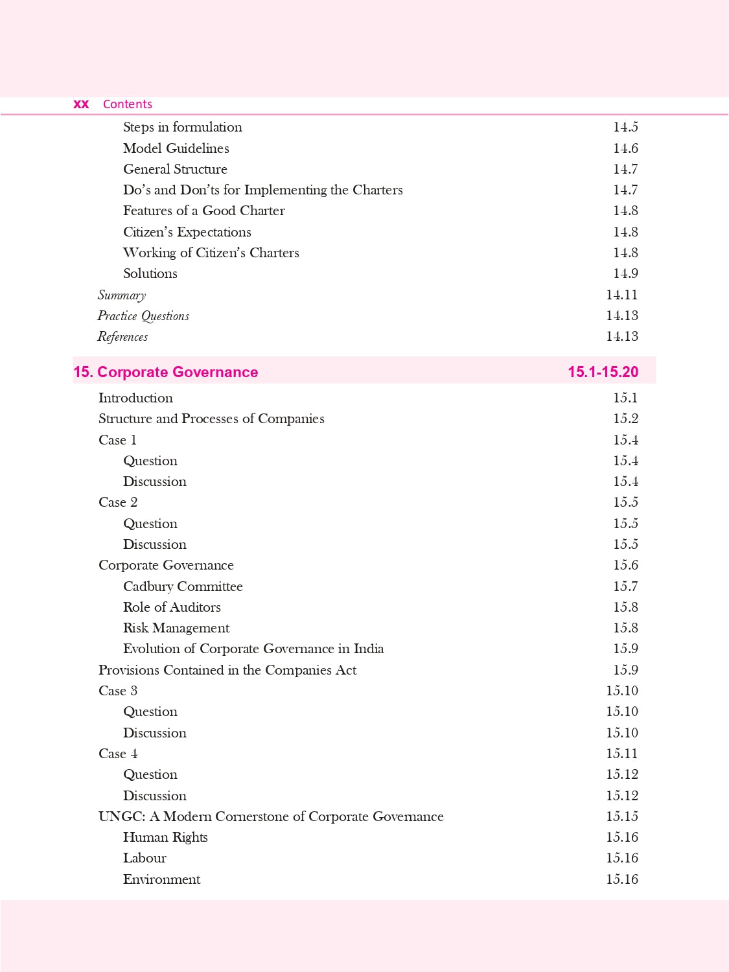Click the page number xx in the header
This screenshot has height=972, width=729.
81,104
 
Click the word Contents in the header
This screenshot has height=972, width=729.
127,104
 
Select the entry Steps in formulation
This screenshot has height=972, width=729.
183,127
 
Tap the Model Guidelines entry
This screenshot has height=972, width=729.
176,148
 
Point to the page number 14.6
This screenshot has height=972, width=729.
625,148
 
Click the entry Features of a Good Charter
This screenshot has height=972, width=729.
204,211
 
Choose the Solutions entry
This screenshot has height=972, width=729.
150,273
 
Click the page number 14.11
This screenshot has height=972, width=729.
621,295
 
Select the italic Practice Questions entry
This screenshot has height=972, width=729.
143,316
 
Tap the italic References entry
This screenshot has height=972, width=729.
122,336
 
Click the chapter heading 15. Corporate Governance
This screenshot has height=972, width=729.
166,372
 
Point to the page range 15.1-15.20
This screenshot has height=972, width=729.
603,372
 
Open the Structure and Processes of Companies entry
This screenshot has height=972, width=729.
211,419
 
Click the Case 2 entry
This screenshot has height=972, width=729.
118,502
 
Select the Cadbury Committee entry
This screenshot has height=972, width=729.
183,586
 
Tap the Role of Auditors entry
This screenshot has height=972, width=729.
172,607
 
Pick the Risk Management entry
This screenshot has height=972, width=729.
176,628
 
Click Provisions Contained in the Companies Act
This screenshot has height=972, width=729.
227,670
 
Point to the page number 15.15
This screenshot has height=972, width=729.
621,816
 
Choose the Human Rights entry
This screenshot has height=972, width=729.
165,837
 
